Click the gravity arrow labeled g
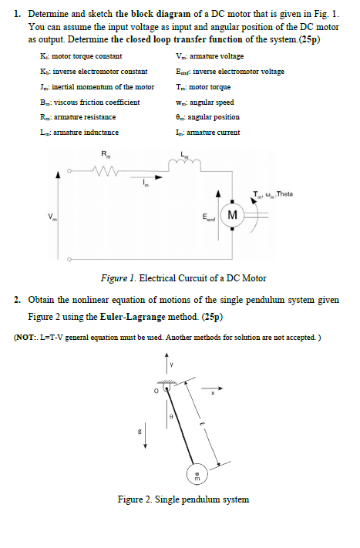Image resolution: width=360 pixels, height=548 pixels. [x=144, y=439]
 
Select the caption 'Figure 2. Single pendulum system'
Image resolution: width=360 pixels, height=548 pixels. [x=183, y=499]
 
